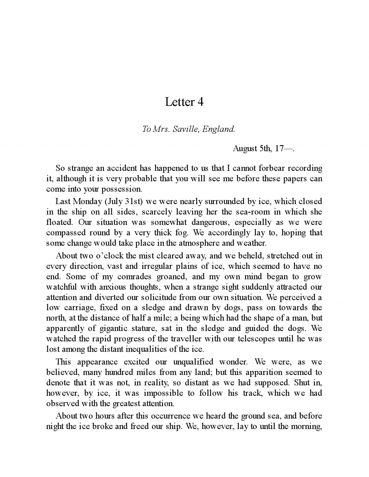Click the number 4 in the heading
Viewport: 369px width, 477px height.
pos(200,102)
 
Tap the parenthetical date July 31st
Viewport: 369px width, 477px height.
pos(123,202)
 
